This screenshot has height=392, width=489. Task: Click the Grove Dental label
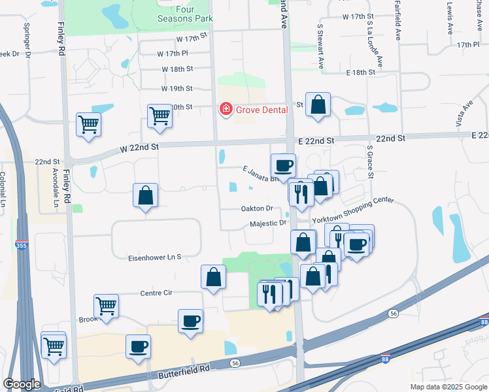(x=261, y=109)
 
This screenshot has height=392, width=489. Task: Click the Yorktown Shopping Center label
(x=354, y=210)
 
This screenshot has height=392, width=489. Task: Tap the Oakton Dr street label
(x=256, y=208)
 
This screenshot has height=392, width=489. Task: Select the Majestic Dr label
(x=268, y=223)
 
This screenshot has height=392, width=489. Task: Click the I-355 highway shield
(x=22, y=246)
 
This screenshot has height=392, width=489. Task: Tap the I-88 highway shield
(x=482, y=322)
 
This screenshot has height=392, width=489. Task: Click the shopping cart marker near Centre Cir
(x=106, y=305)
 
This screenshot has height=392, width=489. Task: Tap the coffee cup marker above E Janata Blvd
(x=283, y=165)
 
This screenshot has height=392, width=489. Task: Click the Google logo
(x=22, y=384)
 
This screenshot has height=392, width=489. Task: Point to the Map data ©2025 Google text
(x=448, y=387)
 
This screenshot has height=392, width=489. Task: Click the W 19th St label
(x=177, y=88)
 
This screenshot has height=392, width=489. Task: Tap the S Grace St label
(x=369, y=162)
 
